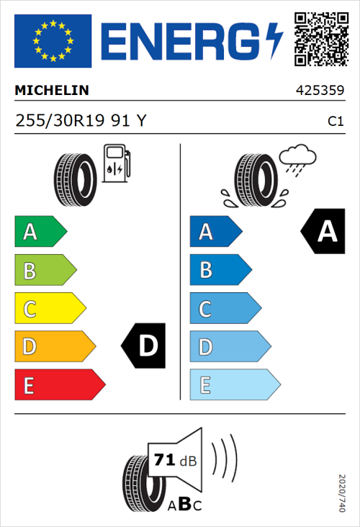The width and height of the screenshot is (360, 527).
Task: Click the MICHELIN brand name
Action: click(52, 91)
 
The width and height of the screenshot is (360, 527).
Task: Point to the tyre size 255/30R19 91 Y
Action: click(81, 121)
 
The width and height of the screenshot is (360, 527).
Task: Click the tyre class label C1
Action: click(335, 122)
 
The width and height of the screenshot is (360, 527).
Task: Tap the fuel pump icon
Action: click(114, 163)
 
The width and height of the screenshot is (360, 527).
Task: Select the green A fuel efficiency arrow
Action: click(40, 232)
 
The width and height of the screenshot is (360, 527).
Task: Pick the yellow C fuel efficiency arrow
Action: click(50, 309)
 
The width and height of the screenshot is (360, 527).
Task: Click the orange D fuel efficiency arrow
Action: click(54, 347)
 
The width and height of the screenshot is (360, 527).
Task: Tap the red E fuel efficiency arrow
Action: click(59, 385)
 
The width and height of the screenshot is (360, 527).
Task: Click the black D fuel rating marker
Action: click(145, 346)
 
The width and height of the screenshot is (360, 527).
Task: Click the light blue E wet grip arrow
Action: click(234, 385)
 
